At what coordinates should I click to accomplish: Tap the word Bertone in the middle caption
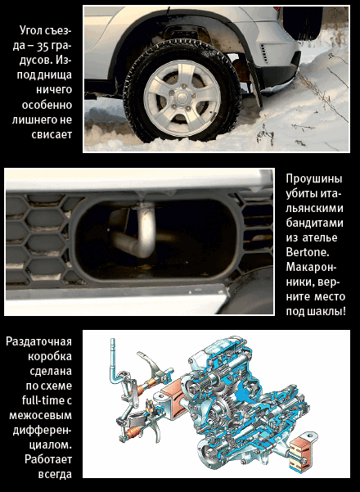pos(304,252)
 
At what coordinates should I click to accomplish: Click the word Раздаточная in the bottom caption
pos(39,341)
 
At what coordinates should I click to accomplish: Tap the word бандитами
pos(314,223)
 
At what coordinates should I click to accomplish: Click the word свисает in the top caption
pos(52,134)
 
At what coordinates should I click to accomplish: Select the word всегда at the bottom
pos(55,474)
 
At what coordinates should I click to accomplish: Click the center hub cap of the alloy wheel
pos(182,98)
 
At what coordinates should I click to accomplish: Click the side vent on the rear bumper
pos(265,53)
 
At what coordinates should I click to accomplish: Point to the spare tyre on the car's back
pos(302,23)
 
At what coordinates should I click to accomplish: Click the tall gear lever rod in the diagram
pos(114,361)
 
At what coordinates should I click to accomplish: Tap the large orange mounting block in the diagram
pos(172,397)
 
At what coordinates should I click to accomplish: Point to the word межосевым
pos(40,415)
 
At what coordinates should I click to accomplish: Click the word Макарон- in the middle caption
pos(311,268)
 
